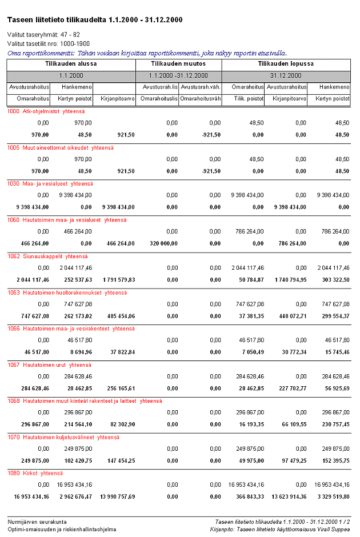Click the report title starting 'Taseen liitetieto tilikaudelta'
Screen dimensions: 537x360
(95, 20)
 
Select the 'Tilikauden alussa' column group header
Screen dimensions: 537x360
(71, 64)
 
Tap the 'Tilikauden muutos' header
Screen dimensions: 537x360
(178, 64)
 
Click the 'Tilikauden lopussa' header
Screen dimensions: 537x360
(286, 64)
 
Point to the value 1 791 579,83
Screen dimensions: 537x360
(117, 279)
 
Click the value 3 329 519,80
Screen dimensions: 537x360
(331, 496)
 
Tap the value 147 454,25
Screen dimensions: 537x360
(119, 460)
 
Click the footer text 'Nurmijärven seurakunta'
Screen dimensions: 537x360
(37, 522)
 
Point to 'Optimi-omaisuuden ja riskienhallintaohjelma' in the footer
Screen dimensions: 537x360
(62, 529)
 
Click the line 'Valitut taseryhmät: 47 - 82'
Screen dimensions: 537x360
(43, 34)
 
